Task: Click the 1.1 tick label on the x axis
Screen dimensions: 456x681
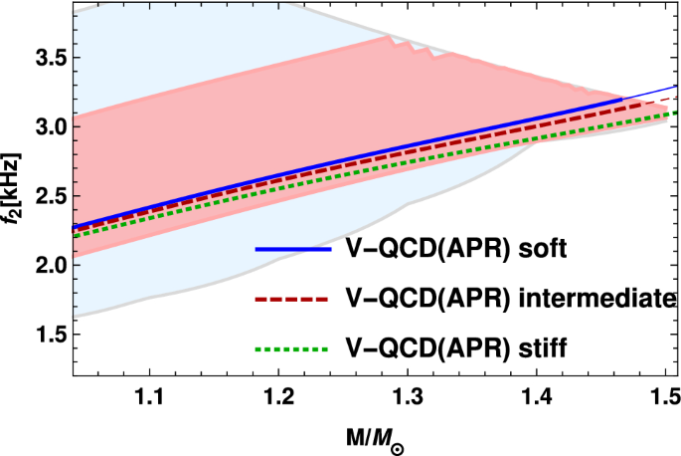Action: point(149,396)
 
